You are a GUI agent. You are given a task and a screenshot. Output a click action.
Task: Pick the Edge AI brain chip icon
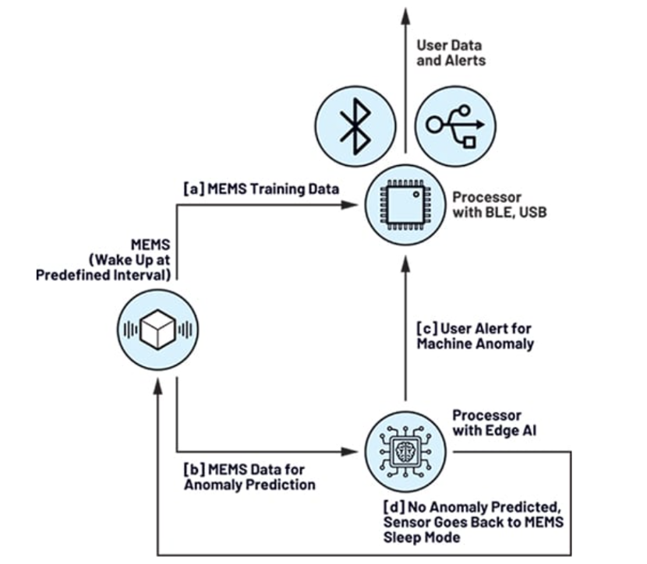(405, 450)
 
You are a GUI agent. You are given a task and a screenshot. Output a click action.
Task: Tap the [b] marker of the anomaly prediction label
(193, 470)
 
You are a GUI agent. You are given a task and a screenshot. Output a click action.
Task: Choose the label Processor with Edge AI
(486, 423)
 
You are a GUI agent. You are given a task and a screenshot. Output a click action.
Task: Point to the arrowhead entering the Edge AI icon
(352, 450)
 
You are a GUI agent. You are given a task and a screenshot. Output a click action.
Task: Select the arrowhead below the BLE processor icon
(405, 262)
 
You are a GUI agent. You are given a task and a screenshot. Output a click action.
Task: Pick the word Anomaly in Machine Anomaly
(507, 343)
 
